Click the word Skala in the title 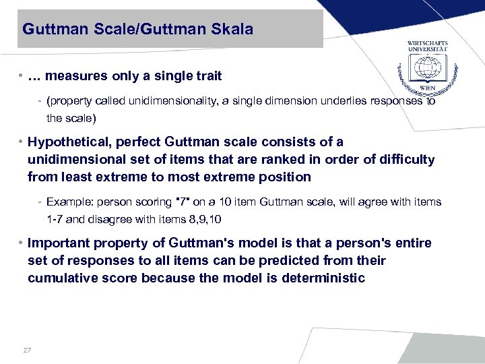(234, 29)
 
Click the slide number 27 (28, 350)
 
